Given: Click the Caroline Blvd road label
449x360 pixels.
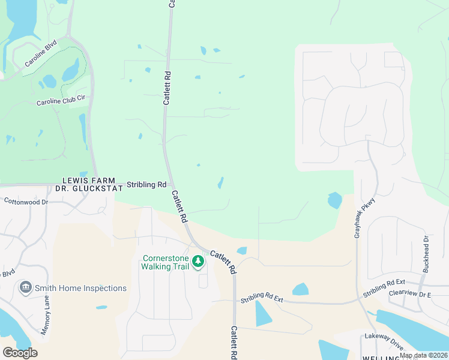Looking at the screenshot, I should [40, 54].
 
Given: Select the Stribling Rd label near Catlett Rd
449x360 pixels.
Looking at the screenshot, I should [146, 185].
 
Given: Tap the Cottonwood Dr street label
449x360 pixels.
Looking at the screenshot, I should [26, 202].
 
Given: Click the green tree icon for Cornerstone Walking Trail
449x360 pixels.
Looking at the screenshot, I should [197, 262].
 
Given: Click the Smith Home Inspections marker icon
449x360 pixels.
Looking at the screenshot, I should [25, 287].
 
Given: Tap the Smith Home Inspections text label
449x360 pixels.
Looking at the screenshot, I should [80, 288].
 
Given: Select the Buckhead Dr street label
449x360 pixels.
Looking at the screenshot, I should [426, 254].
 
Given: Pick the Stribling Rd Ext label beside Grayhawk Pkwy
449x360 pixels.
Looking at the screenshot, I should [384, 289].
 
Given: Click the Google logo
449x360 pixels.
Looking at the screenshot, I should [20, 353].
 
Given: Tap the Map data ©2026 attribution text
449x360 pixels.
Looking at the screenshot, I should [423, 355].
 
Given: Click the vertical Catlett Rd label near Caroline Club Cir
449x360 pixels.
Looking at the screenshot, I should [168, 89].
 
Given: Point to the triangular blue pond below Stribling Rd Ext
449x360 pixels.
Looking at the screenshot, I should [262, 313].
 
